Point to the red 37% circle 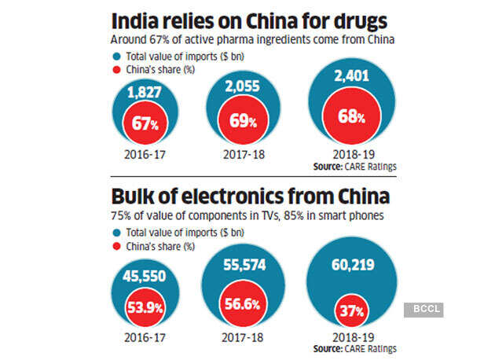(x=350, y=312)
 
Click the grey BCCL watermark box (x=424, y=309)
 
